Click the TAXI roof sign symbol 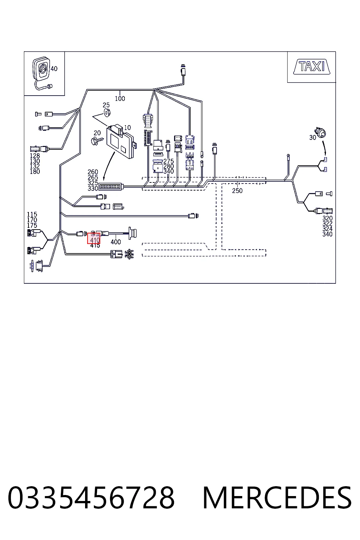click(311, 66)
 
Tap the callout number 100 click(120, 98)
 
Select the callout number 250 click(237, 191)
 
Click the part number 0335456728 click(91, 497)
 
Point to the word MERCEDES click(277, 497)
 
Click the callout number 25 click(106, 105)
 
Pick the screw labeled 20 click(97, 141)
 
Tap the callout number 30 click(313, 137)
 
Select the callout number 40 click(54, 69)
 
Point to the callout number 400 click(116, 242)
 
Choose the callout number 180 click(35, 172)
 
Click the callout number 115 click(32, 214)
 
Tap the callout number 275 click(168, 161)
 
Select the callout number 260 click(93, 172)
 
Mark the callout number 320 click(327, 218)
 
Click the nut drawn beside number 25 click(107, 112)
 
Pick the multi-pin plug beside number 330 click(111, 187)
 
